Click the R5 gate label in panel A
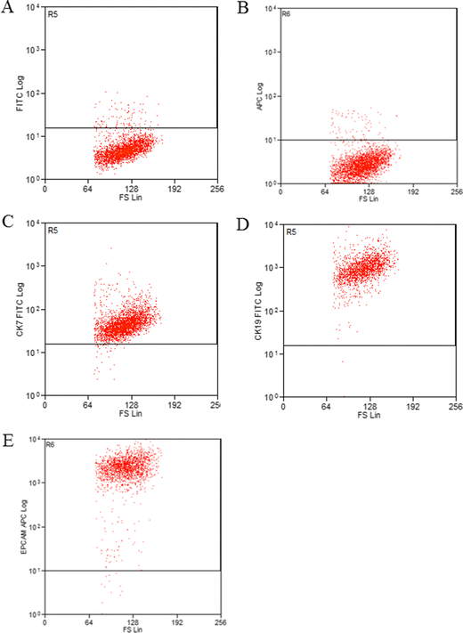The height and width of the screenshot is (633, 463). coord(53,15)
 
